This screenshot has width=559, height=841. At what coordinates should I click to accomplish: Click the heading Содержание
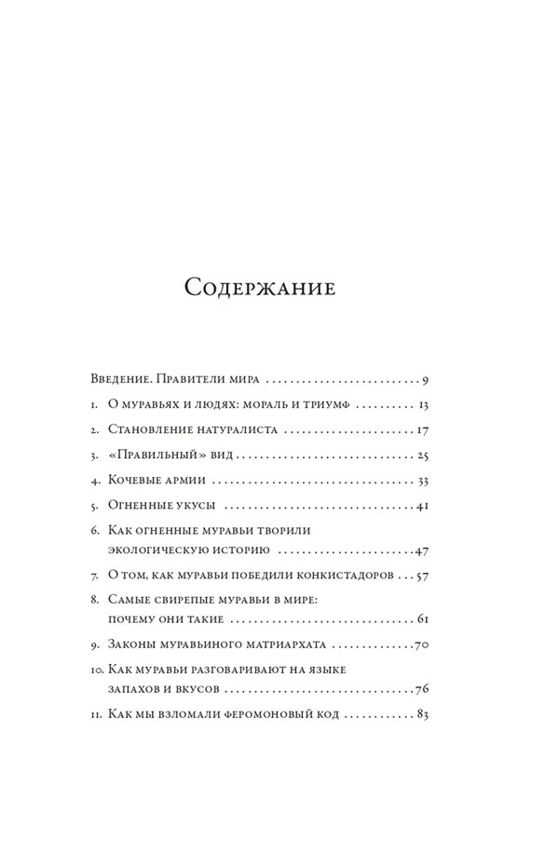[x=260, y=286]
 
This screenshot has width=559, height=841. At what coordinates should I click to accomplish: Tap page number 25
[x=421, y=456]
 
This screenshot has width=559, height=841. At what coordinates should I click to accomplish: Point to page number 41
[x=421, y=507]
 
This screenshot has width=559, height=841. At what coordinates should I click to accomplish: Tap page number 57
[x=421, y=576]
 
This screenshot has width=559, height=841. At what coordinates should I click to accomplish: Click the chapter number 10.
[x=98, y=670]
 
